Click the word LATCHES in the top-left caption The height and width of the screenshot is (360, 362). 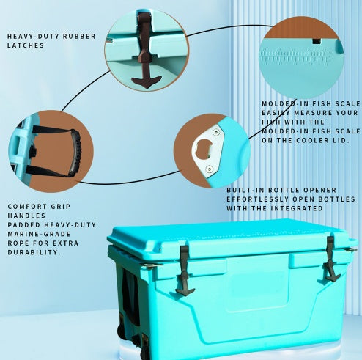coord(25,45)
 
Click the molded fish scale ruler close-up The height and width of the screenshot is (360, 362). coord(300,54)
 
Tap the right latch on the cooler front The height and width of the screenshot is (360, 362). coord(331,258)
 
